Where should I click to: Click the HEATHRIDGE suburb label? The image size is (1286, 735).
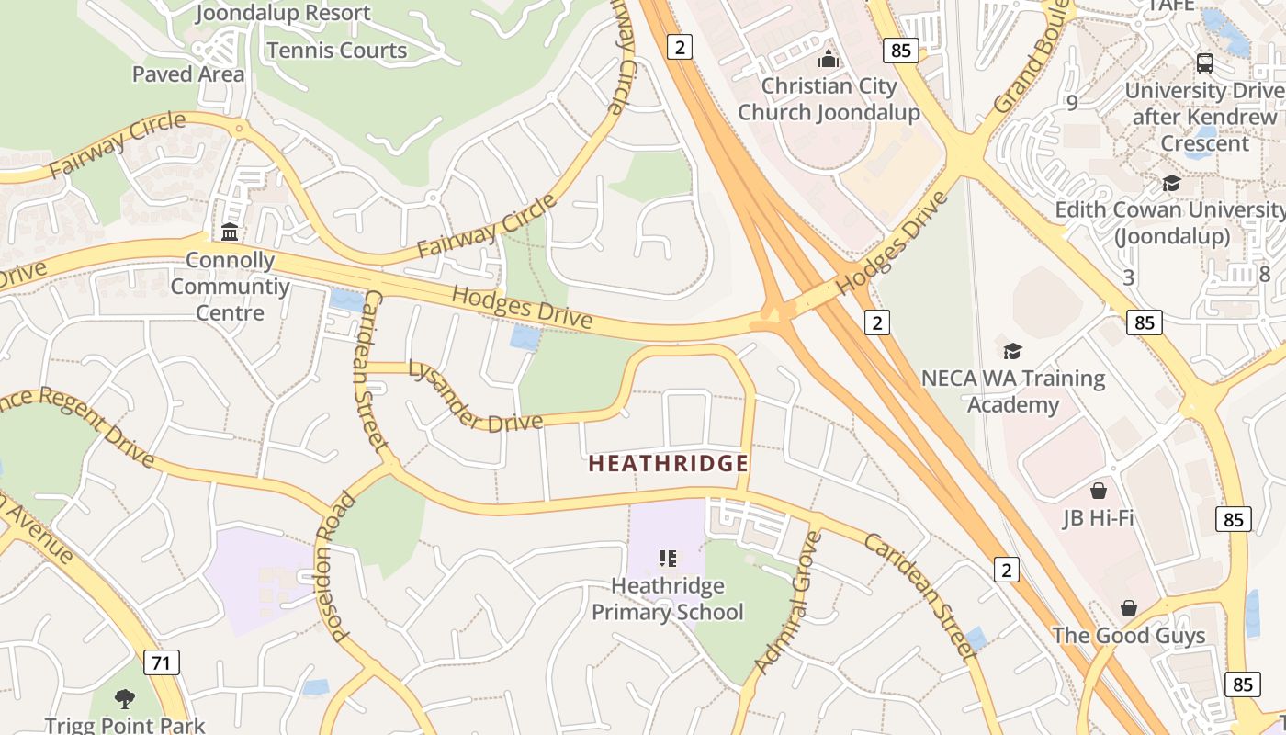click(668, 464)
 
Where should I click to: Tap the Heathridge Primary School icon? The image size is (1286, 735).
click(668, 558)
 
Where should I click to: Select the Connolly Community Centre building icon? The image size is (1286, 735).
click(230, 232)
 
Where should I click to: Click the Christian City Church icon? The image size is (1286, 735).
click(829, 59)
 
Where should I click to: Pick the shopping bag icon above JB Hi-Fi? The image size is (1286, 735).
click(1098, 490)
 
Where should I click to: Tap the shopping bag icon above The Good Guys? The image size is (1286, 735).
click(1129, 608)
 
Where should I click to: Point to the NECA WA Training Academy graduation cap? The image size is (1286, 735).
click(1012, 351)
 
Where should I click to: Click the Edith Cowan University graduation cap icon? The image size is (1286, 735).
click(1171, 183)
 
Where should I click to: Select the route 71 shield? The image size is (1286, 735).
click(161, 661)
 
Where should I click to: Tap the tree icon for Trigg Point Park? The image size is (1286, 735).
click(125, 699)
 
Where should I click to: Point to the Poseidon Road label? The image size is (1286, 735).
click(333, 567)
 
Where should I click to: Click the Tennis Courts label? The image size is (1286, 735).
click(336, 51)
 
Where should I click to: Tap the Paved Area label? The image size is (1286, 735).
click(188, 74)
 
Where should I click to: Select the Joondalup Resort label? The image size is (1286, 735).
click(283, 13)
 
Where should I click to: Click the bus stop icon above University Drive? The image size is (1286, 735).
click(1204, 63)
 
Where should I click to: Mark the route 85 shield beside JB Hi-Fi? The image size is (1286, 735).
click(1233, 519)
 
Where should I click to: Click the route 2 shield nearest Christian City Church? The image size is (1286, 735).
click(679, 47)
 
